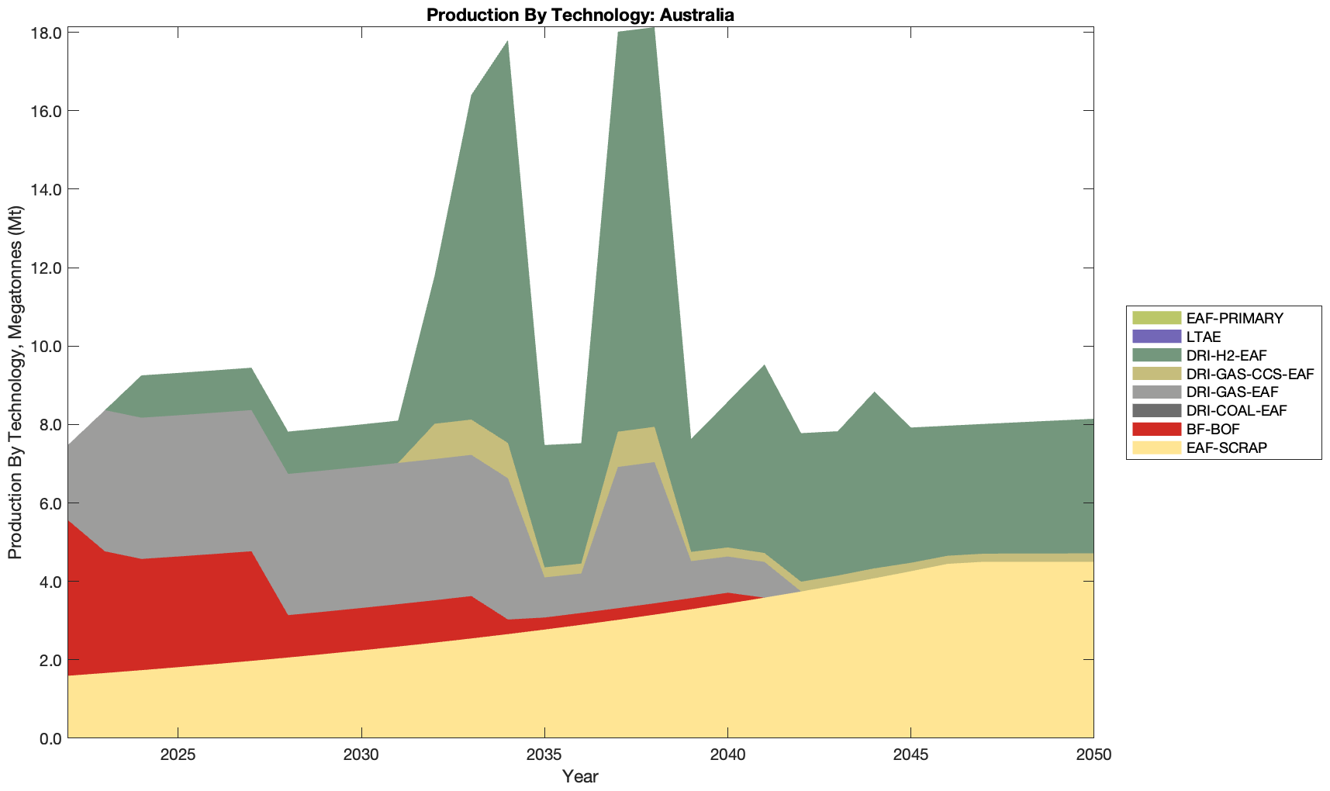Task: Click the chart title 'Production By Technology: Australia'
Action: (x=580, y=15)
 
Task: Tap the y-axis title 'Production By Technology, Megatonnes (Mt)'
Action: (x=16, y=382)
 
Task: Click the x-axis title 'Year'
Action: (x=580, y=776)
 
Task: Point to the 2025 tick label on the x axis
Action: (x=178, y=755)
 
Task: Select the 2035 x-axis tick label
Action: (x=544, y=755)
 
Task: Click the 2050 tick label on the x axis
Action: (x=1093, y=755)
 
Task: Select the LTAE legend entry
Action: (x=1204, y=337)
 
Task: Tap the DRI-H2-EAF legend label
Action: (x=1226, y=356)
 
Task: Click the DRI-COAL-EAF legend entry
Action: (x=1232, y=411)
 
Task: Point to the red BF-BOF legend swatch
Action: (x=1156, y=429)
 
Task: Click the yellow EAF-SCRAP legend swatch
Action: (x=1156, y=447)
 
